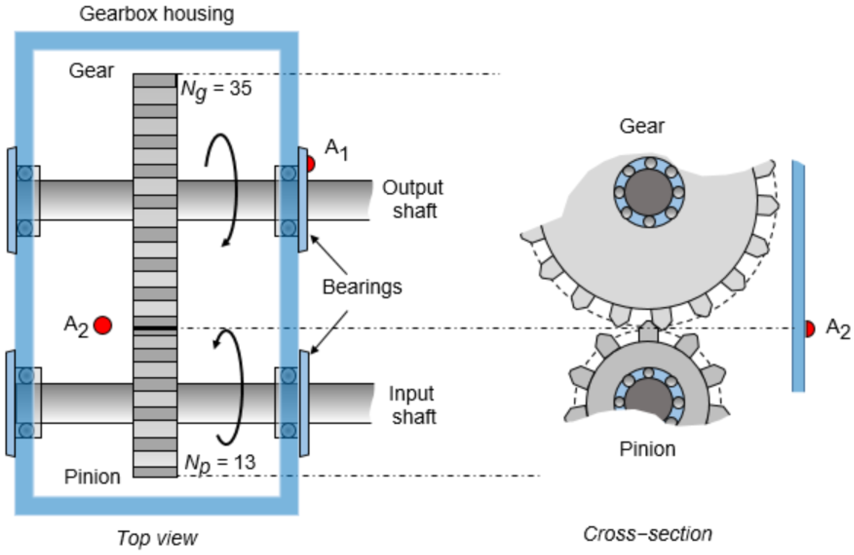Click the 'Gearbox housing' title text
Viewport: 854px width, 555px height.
[156, 14]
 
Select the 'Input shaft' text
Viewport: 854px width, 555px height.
[413, 405]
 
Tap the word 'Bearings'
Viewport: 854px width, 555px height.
[362, 287]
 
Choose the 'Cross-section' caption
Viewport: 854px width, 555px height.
[647, 534]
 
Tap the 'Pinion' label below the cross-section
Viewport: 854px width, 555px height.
[647, 449]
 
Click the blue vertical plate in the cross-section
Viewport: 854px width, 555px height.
[798, 276]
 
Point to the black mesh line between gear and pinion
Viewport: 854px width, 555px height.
[155, 328]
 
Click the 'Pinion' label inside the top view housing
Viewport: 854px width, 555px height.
[92, 477]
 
